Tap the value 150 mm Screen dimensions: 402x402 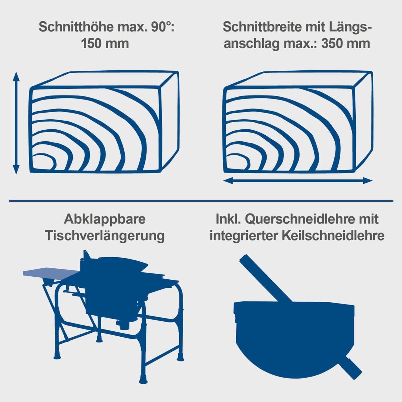(x=105, y=44)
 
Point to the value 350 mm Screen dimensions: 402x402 (x=345, y=44)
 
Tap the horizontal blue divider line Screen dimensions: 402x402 (x=201, y=201)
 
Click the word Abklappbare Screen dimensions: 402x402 (x=105, y=219)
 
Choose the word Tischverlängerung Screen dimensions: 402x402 (x=105, y=236)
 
